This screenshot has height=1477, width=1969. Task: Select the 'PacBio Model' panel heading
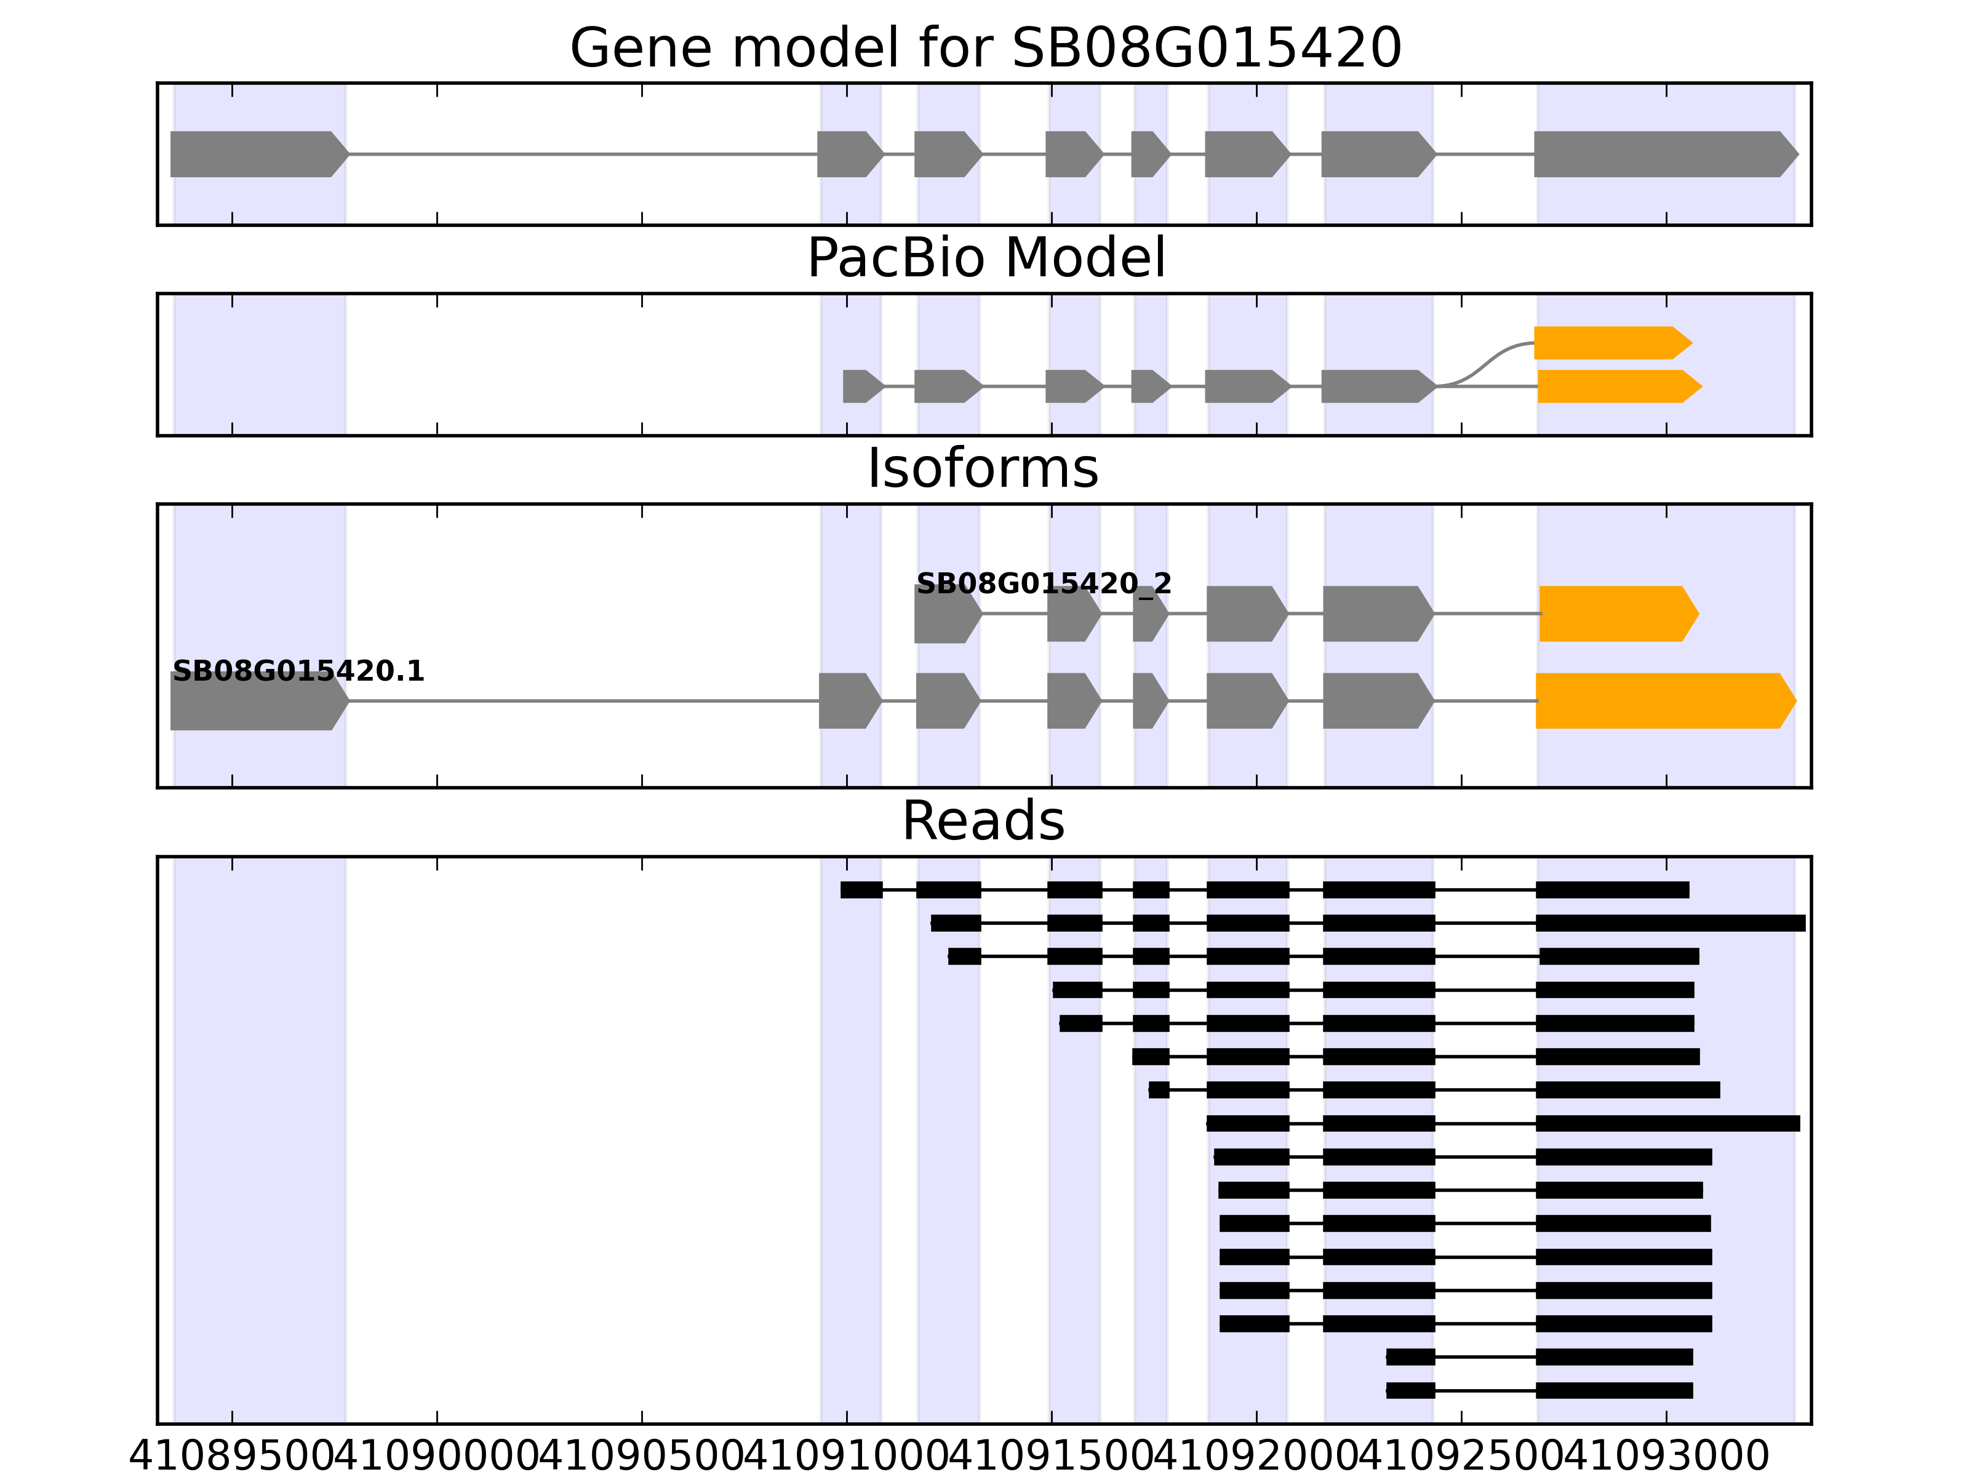pyautogui.click(x=985, y=258)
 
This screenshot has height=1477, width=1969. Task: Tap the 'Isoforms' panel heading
pyautogui.click(x=983, y=468)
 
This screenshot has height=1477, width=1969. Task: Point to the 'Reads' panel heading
pyautogui.click(x=983, y=821)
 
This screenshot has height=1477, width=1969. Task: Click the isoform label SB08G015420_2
pyautogui.click(x=1043, y=584)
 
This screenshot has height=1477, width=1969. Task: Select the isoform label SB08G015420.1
pyautogui.click(x=298, y=671)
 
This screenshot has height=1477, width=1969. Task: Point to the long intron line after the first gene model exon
pyautogui.click(x=583, y=154)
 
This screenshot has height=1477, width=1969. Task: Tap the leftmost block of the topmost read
pyautogui.click(x=861, y=889)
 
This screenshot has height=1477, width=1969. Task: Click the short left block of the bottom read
pyautogui.click(x=1410, y=1391)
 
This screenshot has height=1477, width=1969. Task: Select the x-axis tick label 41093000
pyautogui.click(x=1666, y=1457)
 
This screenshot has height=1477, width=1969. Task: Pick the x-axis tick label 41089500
pyautogui.click(x=233, y=1457)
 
